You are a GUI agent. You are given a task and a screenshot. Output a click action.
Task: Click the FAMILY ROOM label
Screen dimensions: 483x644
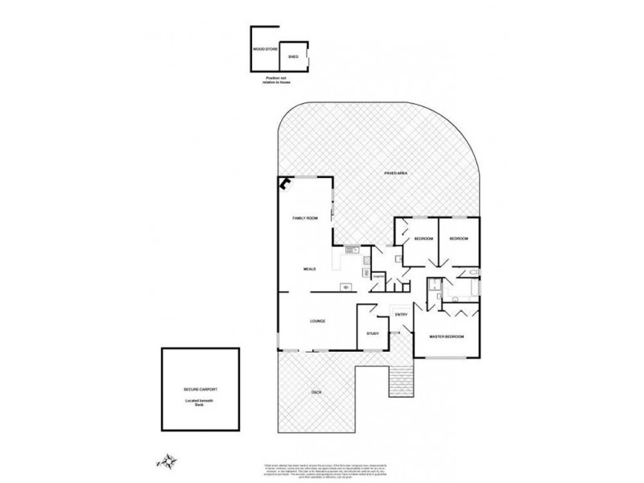coord(305,219)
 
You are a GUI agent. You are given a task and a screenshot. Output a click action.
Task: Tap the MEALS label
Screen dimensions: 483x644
coord(308,269)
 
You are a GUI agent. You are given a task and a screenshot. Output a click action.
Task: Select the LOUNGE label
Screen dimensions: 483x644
coord(316,322)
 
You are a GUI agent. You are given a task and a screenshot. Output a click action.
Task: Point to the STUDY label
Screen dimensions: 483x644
coord(372,333)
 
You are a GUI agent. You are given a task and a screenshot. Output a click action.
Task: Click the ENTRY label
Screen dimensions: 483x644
coord(401,314)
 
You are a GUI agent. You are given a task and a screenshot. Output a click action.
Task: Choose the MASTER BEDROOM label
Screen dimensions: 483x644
coord(446,336)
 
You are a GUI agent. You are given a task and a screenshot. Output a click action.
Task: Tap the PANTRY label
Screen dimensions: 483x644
coord(378,276)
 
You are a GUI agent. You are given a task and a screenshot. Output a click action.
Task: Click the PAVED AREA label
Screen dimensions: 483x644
coord(394,173)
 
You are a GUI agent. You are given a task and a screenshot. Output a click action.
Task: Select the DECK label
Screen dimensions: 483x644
coord(316,392)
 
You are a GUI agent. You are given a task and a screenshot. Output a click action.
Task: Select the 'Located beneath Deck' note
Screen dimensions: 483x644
coord(200,402)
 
